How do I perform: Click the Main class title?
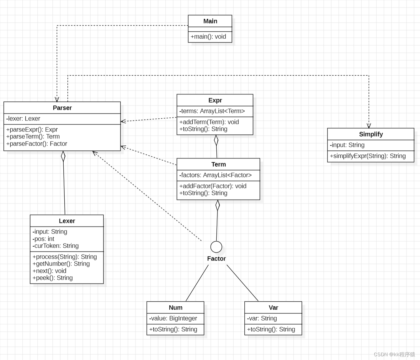pos(210,21)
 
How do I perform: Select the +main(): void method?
pos(208,37)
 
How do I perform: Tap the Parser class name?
pos(62,108)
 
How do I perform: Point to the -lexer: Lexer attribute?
pos(23,119)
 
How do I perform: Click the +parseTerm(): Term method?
pos(33,137)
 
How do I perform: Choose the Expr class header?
pos(215,100)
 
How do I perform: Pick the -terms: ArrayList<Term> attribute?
pos(212,111)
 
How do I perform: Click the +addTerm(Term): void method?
pos(209,122)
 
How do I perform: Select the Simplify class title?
pos(371,134)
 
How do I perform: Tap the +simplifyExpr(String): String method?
pos(368,156)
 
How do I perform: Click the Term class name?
pos(218,164)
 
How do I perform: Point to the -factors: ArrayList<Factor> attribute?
pos(215,175)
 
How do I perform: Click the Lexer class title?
pos(67,221)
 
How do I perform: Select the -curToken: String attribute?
pos(56,246)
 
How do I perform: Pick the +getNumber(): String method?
pos(61,264)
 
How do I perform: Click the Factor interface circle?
pos(216,247)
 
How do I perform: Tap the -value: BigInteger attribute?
pos(173,318)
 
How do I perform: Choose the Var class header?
pos(273,307)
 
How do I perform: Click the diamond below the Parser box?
pos(63,156)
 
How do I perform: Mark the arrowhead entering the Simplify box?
pos(369,126)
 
